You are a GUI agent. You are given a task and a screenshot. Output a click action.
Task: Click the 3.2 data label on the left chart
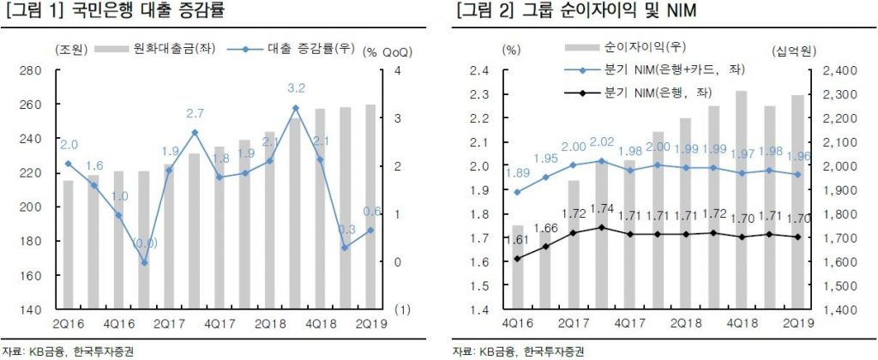[x=297, y=88]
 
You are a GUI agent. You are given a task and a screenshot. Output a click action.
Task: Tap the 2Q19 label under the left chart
[x=371, y=323]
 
